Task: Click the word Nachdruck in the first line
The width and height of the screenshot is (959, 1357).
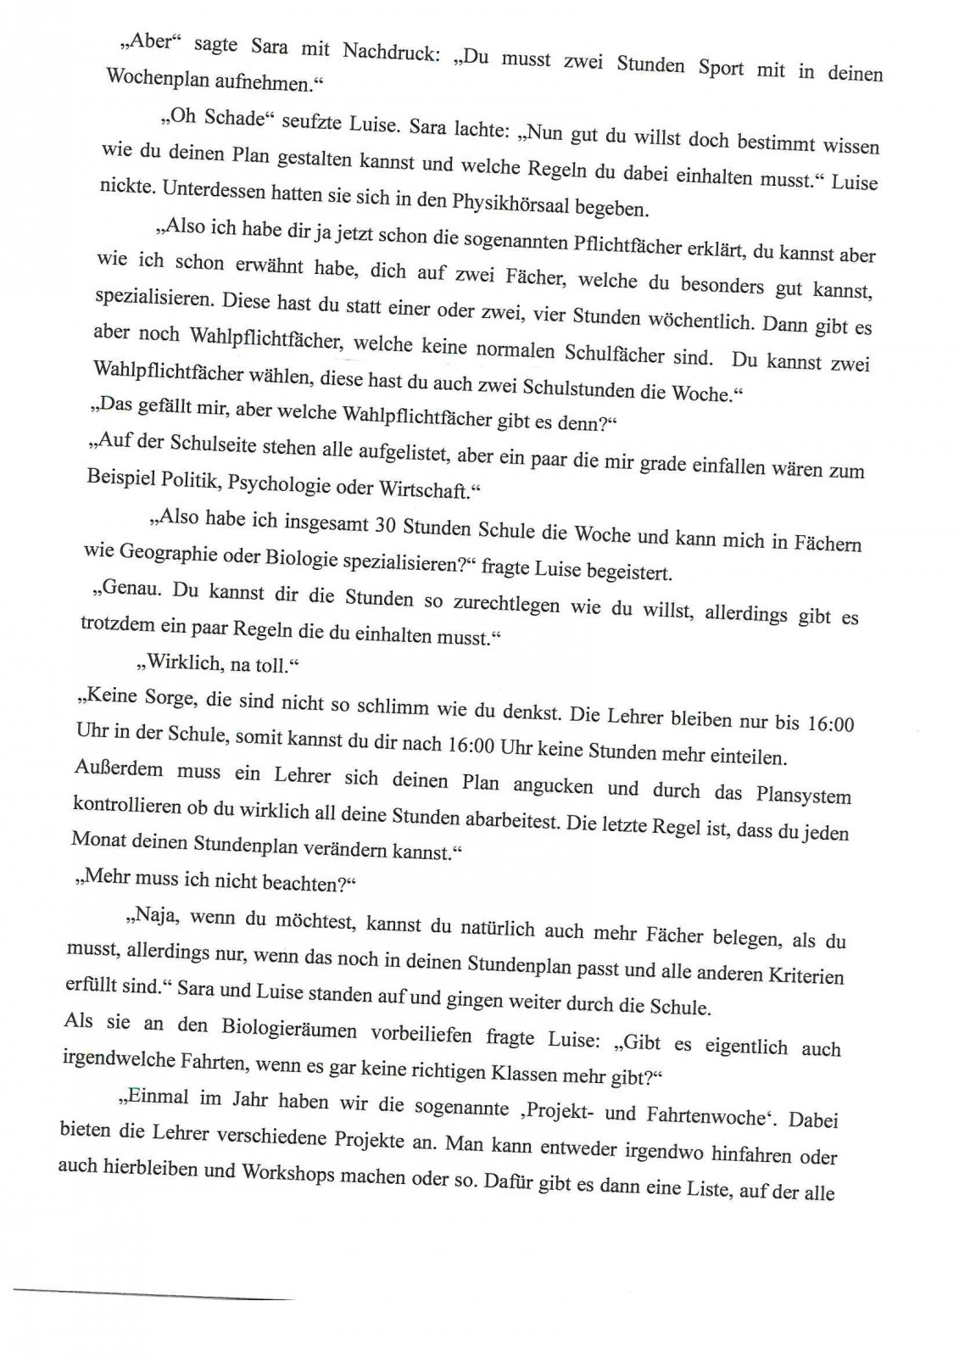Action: tap(386, 52)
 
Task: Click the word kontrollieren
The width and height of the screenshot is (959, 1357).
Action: tap(127, 805)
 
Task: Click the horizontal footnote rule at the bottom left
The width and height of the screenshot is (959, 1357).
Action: tap(153, 1293)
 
